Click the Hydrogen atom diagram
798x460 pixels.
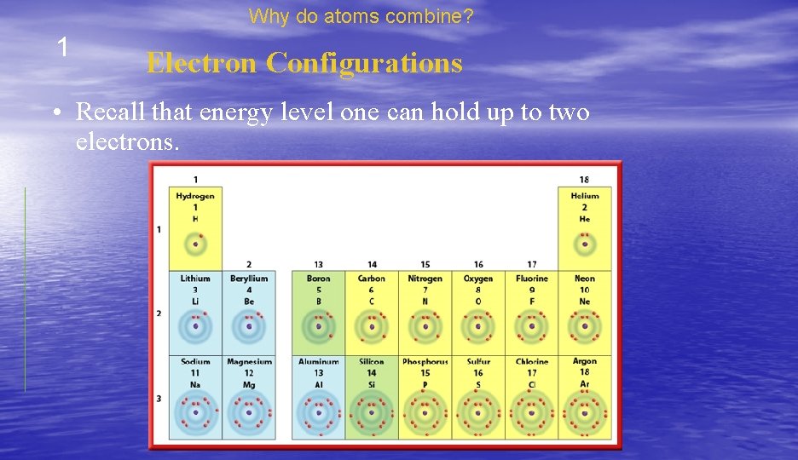point(195,244)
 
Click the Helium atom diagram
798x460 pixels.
point(585,244)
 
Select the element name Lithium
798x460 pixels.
point(195,279)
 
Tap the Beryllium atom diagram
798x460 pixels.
point(249,326)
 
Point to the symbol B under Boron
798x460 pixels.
point(319,301)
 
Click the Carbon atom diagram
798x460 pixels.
point(372,326)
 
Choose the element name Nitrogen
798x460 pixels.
point(425,279)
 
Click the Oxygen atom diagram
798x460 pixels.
point(478,326)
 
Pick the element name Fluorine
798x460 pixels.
point(532,279)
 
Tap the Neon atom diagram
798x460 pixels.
point(585,326)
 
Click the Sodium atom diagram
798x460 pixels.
point(195,413)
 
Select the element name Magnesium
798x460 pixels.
point(248,362)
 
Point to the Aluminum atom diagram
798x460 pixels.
point(319,413)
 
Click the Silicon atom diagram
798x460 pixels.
point(372,413)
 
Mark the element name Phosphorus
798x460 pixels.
point(425,362)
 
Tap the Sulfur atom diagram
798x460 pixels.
point(478,413)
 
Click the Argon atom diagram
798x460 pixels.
point(585,413)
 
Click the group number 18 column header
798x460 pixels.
point(584,180)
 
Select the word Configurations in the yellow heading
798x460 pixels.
point(364,63)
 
